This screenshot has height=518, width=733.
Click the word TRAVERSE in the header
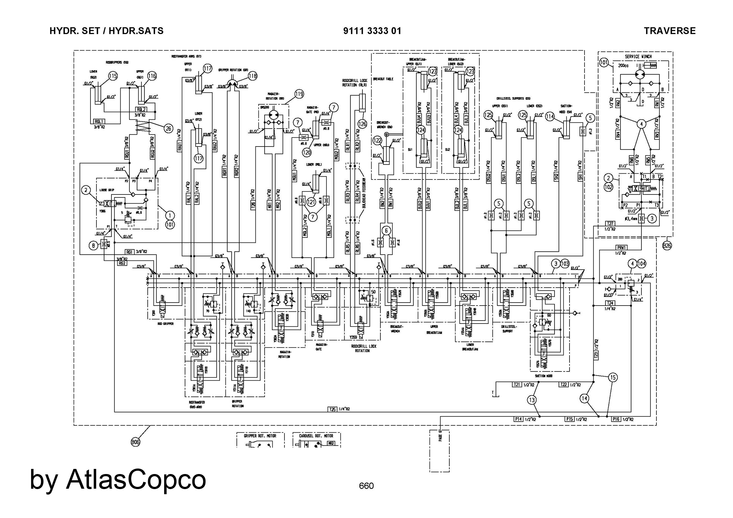[670, 31]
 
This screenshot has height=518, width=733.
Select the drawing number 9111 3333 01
[372, 31]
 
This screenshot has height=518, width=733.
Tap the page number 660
[366, 486]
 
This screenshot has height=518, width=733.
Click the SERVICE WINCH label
[638, 57]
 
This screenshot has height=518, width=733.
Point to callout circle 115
[113, 76]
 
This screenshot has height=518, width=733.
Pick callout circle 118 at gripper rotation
[253, 76]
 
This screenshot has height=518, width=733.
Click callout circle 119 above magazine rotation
[299, 94]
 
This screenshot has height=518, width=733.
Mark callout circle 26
[168, 128]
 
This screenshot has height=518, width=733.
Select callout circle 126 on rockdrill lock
[362, 124]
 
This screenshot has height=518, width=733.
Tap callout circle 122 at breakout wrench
[377, 140]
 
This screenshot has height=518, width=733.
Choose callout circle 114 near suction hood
[550, 116]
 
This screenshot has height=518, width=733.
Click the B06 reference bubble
[136, 442]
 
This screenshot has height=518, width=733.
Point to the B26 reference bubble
[667, 245]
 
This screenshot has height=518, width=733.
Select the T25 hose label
[332, 409]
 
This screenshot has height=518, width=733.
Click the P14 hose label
[518, 419]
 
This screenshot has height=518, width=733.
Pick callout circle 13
[532, 400]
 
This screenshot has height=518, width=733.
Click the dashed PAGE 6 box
[439, 451]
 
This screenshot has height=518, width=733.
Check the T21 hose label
[517, 385]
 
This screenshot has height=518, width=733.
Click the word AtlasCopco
[136, 480]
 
